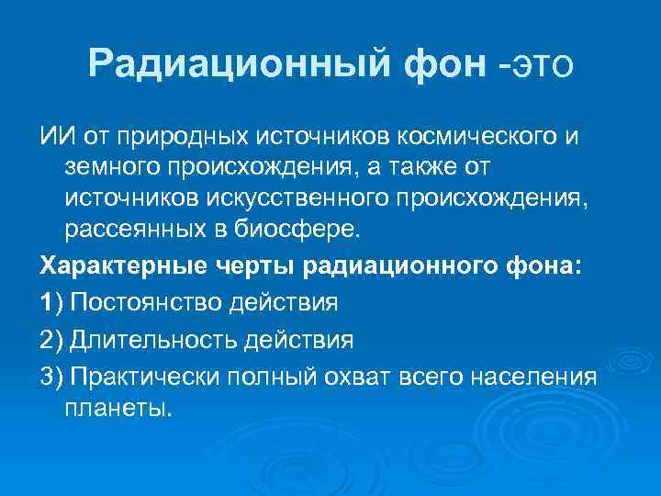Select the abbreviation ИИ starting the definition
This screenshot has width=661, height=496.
[52, 138]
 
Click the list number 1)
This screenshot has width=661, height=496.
[52, 302]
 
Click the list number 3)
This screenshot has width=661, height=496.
[52, 378]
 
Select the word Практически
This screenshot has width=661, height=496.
[146, 378]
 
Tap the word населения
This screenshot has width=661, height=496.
[539, 378]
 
